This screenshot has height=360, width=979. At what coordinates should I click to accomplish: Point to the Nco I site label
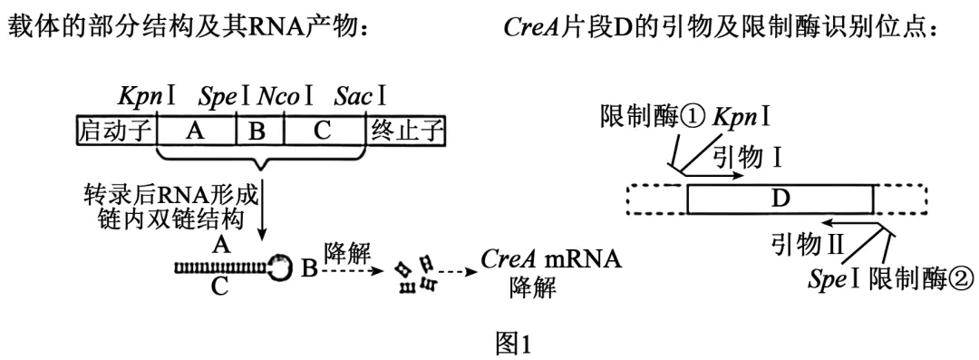(286, 97)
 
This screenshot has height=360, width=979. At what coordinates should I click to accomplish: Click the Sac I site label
(360, 97)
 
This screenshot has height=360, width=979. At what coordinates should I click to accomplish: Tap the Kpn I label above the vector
(148, 97)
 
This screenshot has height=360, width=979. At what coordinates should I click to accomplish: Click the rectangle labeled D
(780, 199)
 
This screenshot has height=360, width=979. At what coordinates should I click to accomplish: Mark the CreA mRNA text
(551, 258)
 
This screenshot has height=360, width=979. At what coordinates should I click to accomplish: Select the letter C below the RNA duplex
(219, 287)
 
